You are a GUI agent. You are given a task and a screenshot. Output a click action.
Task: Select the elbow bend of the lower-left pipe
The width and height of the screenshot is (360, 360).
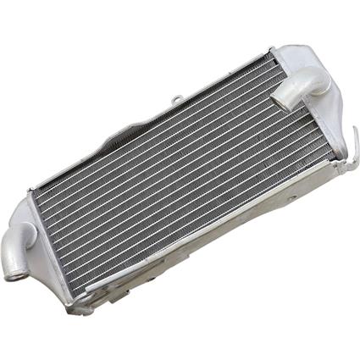[25, 230]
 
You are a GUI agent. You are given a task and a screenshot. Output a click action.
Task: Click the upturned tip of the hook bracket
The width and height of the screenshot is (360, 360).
[353, 130]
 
